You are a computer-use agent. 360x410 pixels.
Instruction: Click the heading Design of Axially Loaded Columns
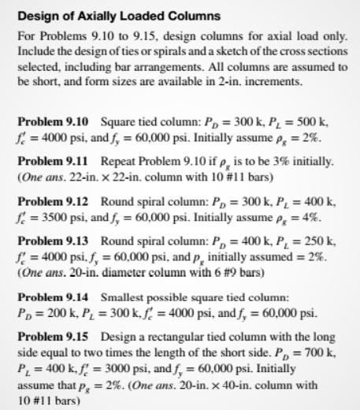(x=107, y=16)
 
